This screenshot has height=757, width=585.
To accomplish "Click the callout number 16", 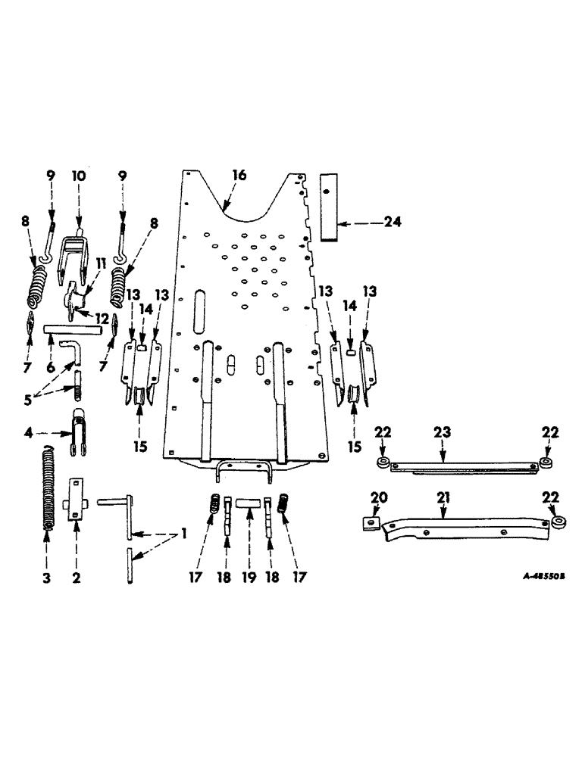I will tap(239, 176).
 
